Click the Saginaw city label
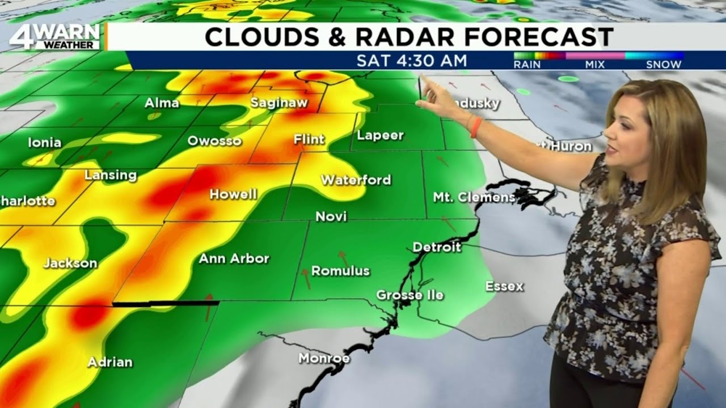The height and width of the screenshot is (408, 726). click(x=279, y=103)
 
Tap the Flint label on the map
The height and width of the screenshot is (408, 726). click(x=309, y=139)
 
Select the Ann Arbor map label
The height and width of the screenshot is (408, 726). click(x=234, y=258)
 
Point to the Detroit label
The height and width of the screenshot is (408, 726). click(x=437, y=247)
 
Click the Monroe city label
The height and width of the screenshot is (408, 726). click(x=324, y=358)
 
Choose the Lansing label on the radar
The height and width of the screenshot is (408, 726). click(x=111, y=175)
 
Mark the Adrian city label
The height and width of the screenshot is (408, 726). click(x=110, y=362)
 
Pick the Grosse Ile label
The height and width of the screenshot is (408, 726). click(x=410, y=295)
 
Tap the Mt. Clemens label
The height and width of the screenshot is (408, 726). click(x=474, y=197)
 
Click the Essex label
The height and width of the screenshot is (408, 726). click(x=504, y=286)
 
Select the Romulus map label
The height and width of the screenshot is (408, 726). click(x=340, y=271)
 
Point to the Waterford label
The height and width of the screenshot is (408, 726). click(x=356, y=180)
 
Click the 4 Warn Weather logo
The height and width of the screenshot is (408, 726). click(x=54, y=36)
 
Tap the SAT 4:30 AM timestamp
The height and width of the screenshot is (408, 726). click(x=412, y=61)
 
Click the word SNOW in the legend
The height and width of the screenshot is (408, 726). click(x=663, y=65)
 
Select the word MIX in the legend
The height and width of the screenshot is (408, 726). click(x=596, y=65)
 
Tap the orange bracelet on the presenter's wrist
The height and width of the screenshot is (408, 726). click(x=475, y=127)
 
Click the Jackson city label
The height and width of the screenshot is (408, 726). click(x=70, y=263)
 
